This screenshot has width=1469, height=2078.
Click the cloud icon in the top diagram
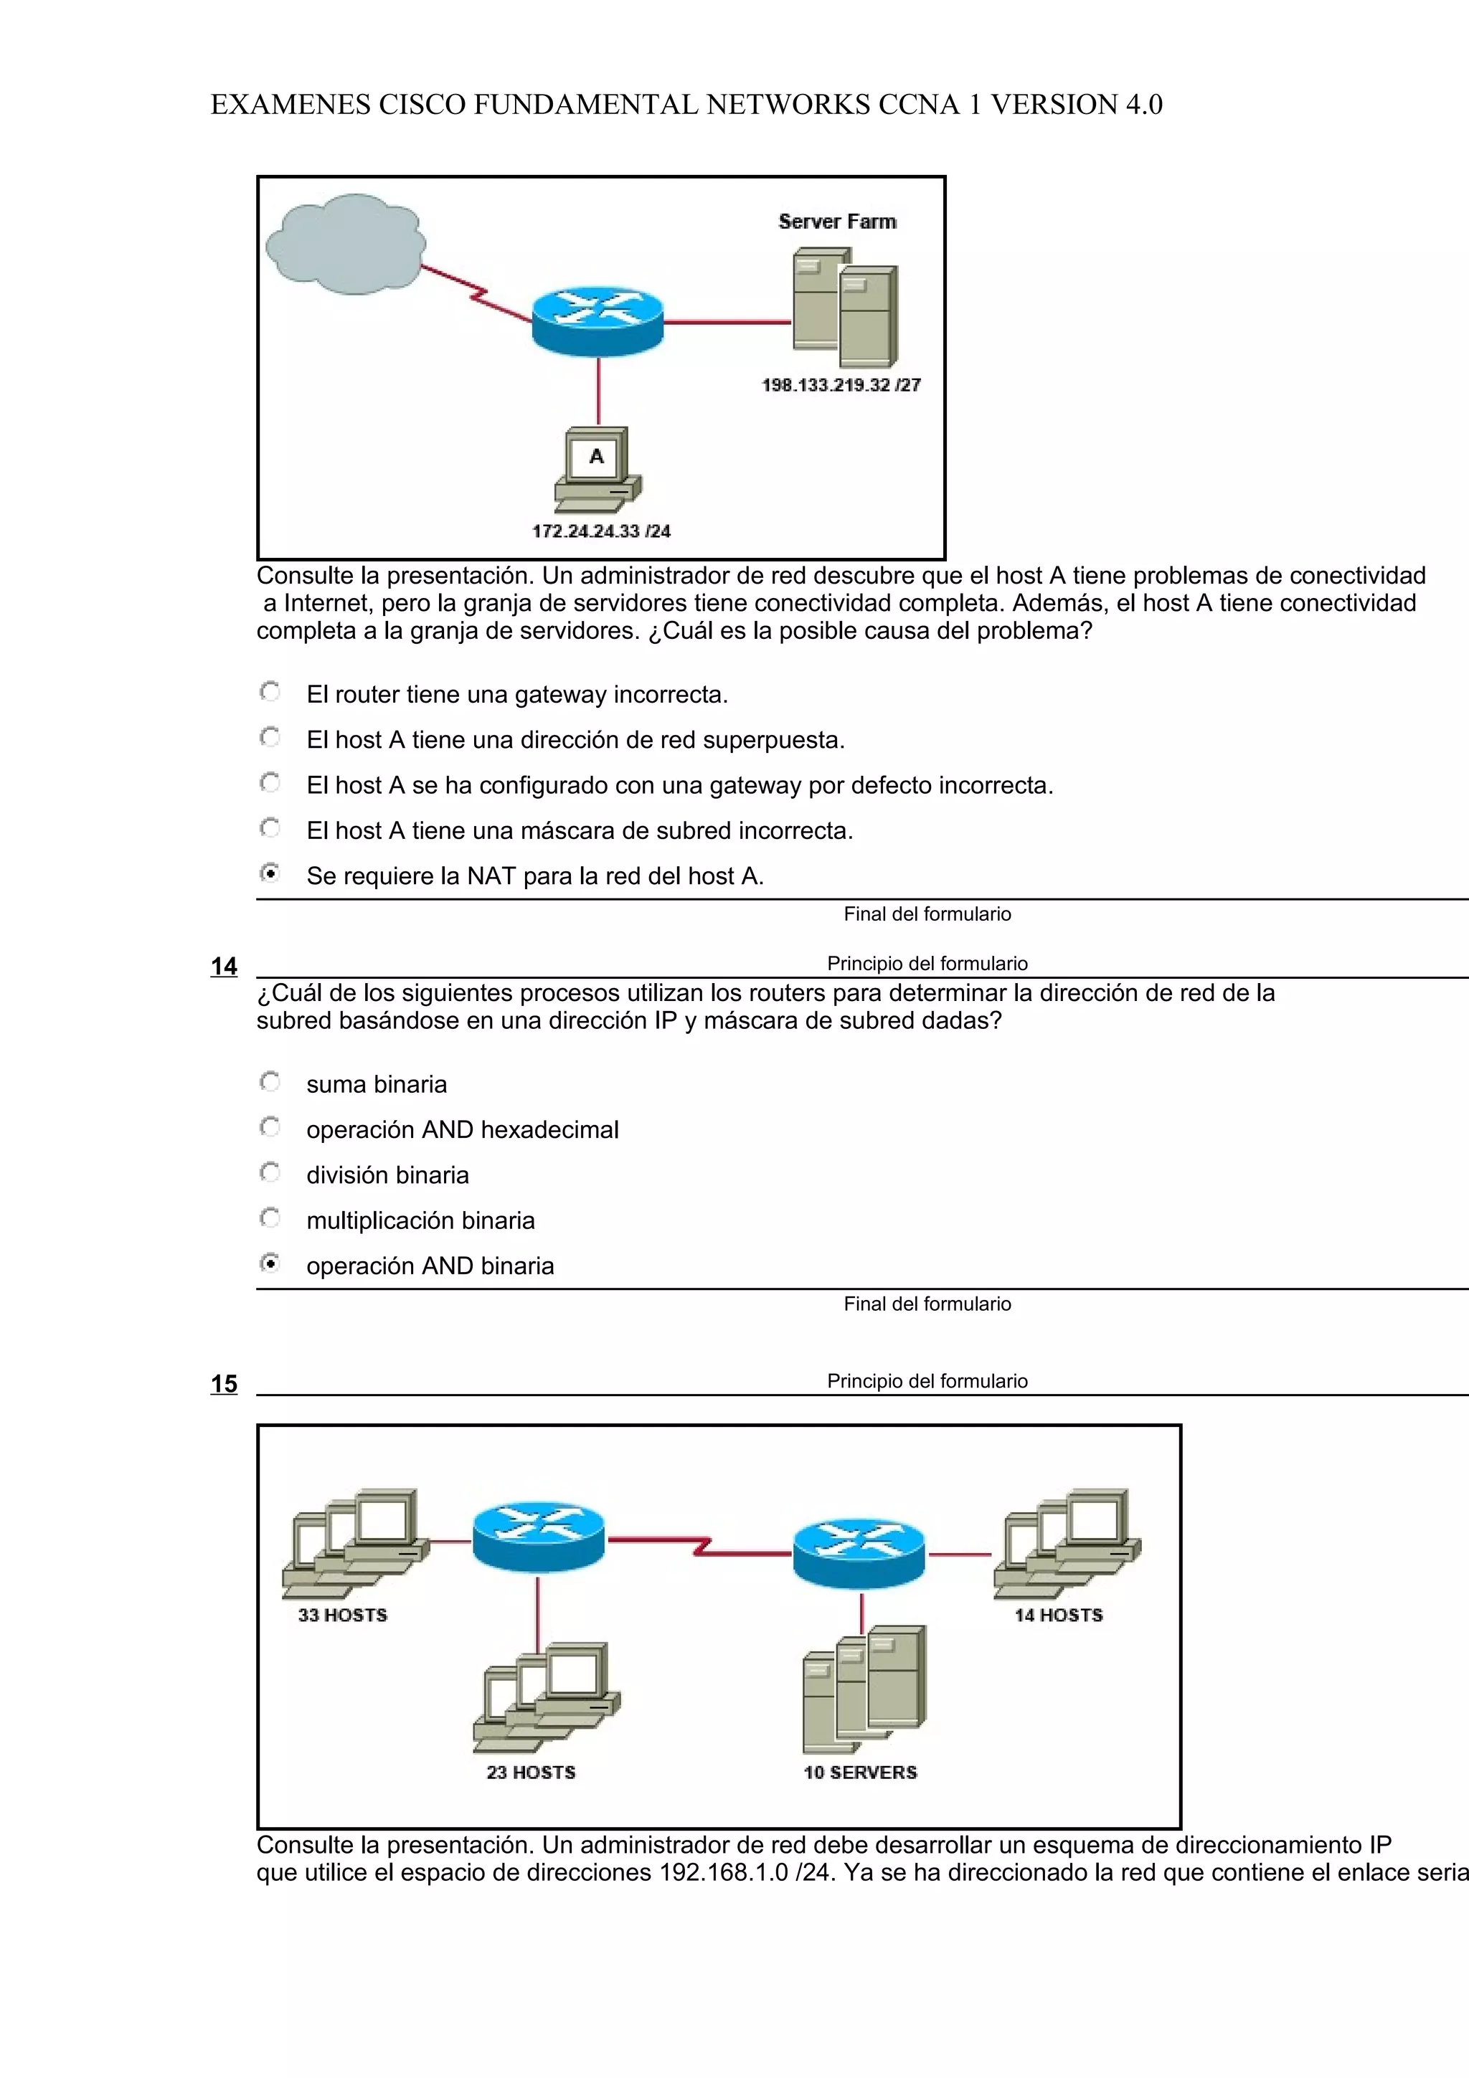coord(345,245)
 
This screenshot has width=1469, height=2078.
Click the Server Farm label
coord(837,222)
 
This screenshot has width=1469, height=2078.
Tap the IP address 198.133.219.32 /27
coord(841,384)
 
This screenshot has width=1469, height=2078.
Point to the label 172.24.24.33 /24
coord(601,531)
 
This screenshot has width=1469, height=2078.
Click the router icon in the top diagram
coord(597,321)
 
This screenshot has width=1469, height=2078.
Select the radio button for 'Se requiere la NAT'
coord(270,874)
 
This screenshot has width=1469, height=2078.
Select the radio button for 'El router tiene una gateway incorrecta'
coord(270,693)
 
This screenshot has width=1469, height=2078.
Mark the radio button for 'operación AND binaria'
coord(270,1263)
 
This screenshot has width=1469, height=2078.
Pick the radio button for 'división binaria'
coord(270,1173)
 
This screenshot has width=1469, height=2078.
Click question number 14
coord(224,967)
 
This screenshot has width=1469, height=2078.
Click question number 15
coord(224,1384)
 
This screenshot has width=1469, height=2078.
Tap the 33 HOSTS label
coord(342,1616)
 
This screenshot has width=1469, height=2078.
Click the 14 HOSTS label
coord(1058,1616)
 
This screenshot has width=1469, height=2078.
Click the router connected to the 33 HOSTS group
coord(538,1537)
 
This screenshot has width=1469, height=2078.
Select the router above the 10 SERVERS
coord(859,1553)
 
